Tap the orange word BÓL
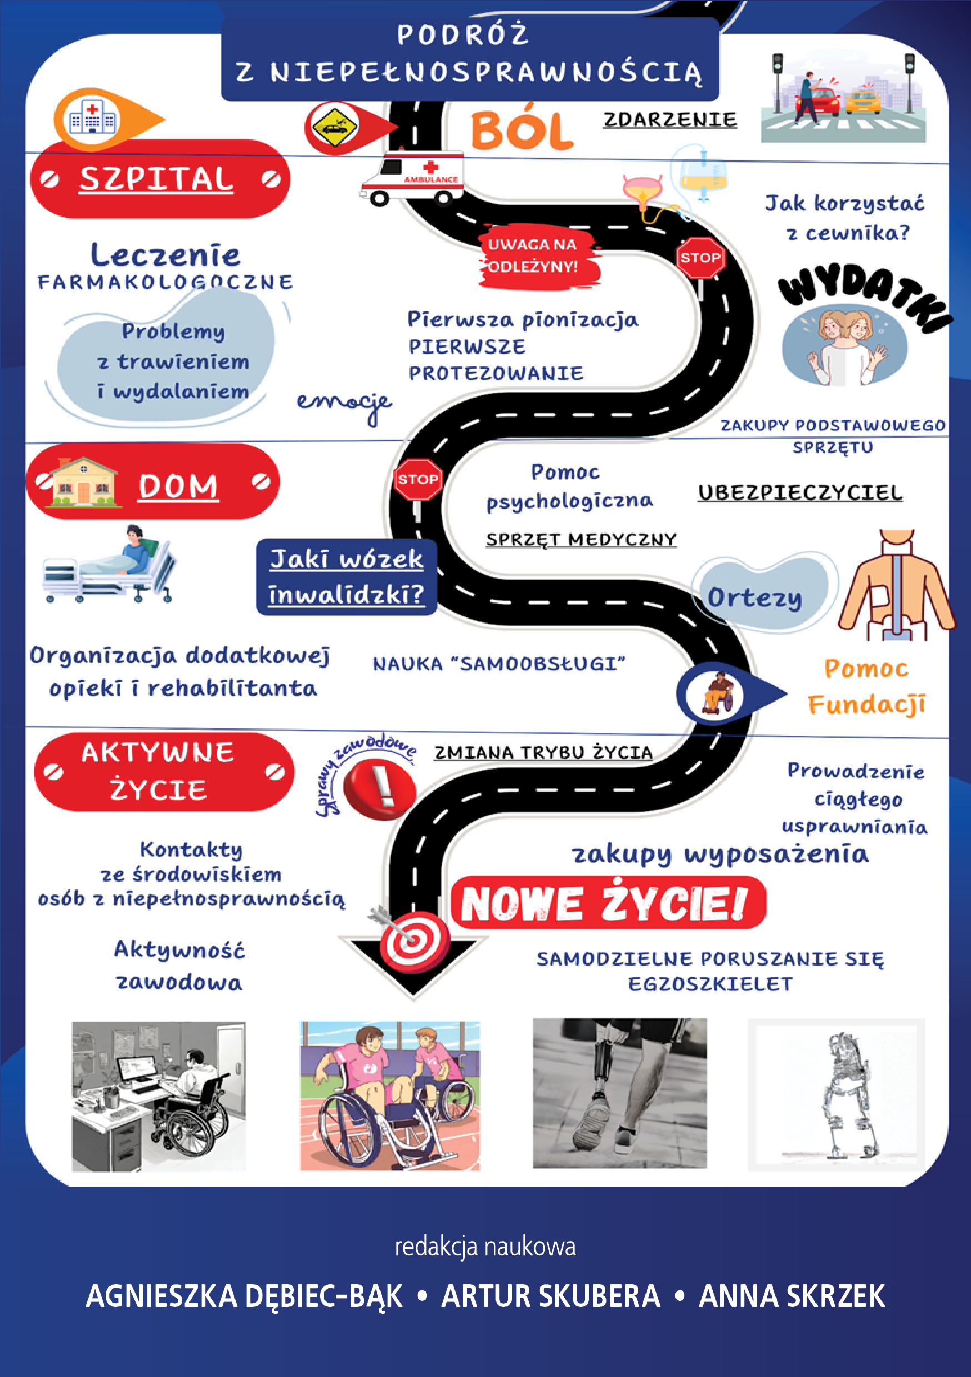tap(521, 130)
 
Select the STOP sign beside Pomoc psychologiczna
tap(418, 479)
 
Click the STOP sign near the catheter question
tap(700, 258)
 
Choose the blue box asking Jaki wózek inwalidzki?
tap(346, 576)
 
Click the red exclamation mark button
tap(379, 788)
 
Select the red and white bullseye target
tap(413, 941)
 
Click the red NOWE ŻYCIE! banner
tap(607, 903)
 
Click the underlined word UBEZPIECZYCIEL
tap(799, 493)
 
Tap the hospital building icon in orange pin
tap(92, 119)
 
